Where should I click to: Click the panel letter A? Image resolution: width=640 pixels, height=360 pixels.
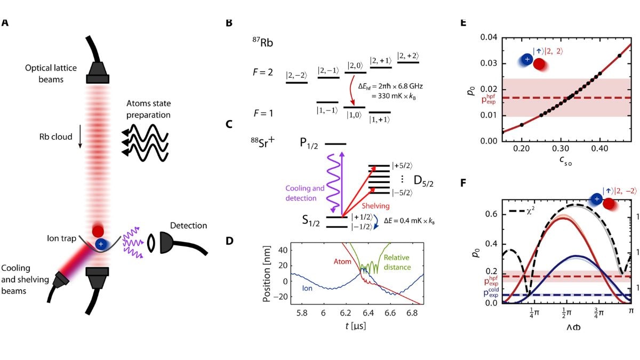(x=5, y=23)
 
